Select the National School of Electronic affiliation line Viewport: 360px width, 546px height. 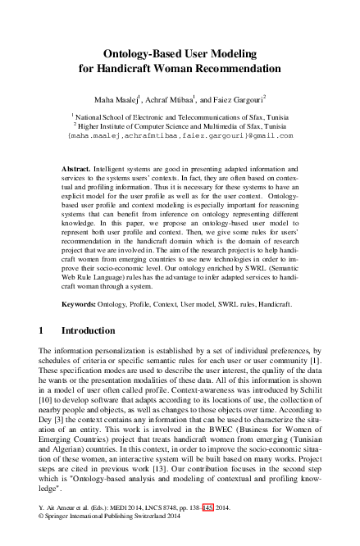[x=180, y=118]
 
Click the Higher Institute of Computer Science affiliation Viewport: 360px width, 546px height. [x=180, y=128]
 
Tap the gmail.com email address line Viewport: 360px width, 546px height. [x=180, y=138]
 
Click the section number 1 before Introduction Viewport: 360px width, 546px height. [x=42, y=331]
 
